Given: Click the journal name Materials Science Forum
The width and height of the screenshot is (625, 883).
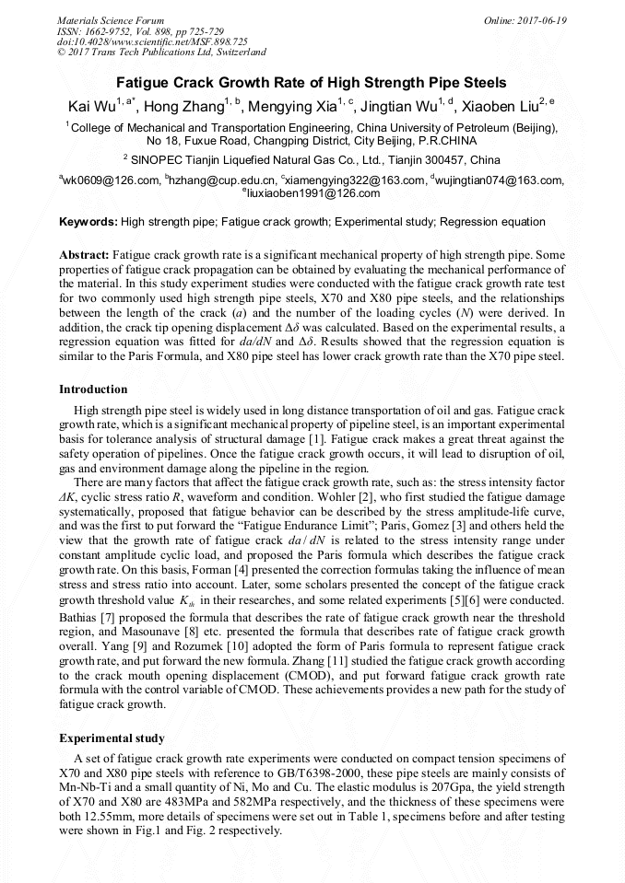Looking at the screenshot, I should [111, 20].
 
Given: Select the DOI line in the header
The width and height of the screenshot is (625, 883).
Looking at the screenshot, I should [152, 42].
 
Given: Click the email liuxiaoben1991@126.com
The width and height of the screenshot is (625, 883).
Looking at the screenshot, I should [314, 193].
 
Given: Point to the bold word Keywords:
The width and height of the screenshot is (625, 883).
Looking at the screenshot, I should [88, 222].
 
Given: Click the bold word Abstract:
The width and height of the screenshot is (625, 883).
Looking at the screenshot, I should [84, 253].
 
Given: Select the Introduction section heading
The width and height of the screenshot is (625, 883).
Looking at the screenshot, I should [93, 389].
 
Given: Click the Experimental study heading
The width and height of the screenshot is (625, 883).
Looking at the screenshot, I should [112, 738].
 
